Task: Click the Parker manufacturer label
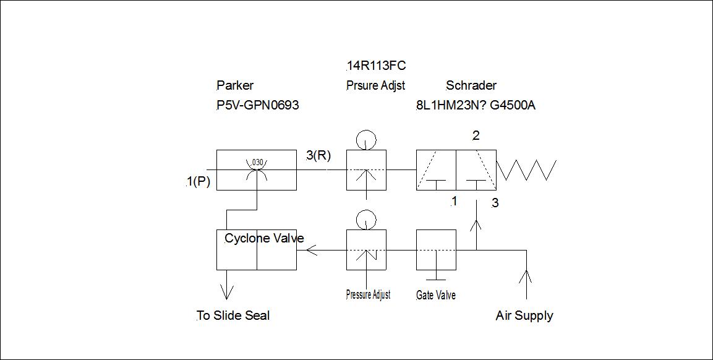coord(235,85)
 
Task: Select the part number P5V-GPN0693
coord(257,105)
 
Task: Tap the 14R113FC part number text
coord(376,66)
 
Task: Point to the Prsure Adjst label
coord(375,85)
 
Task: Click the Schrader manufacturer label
coord(471,85)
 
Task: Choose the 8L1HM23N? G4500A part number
coord(476,105)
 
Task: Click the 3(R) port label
coord(318,155)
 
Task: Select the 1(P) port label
coord(198,181)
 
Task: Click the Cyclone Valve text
coord(264,239)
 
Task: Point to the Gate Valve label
coord(436,295)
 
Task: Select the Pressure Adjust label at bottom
coord(368,294)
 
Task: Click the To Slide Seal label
coord(233,315)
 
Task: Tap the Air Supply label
coord(524,315)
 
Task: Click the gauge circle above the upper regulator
coord(365,139)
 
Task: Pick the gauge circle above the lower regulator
coord(365,219)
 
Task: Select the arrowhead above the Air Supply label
coord(526,275)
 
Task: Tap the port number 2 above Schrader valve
coord(476,135)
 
